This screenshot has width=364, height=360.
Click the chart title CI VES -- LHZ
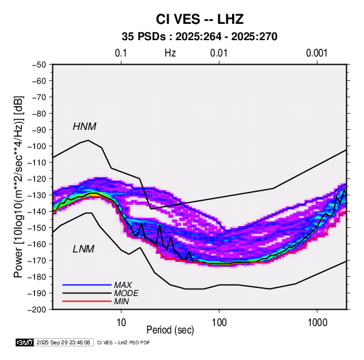click(x=199, y=19)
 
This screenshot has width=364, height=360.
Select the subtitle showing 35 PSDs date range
click(x=199, y=37)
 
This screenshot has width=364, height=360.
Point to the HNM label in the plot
click(x=84, y=127)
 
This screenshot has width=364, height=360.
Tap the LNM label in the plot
click(x=84, y=249)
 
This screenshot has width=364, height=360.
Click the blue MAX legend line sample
click(x=87, y=284)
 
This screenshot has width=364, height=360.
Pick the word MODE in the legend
click(x=127, y=293)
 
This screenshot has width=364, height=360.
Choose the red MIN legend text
click(x=121, y=301)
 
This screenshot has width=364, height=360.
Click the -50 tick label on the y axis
click(x=39, y=65)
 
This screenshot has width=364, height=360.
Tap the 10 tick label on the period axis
click(x=121, y=323)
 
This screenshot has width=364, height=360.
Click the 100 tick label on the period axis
click(x=219, y=323)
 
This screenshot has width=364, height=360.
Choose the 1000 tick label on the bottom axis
click(x=317, y=323)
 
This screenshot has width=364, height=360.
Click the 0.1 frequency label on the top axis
click(x=121, y=53)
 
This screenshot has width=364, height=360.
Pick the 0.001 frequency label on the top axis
click(x=317, y=53)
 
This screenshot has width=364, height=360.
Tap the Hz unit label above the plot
click(x=170, y=53)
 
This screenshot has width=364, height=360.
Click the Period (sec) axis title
click(x=170, y=330)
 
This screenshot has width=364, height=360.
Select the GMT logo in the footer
click(x=25, y=342)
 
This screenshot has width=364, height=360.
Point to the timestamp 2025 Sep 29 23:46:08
click(x=63, y=342)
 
